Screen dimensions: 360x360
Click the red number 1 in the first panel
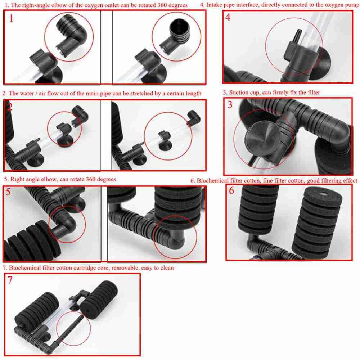[x=11, y=18]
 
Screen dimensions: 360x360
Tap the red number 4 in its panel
[x=228, y=17]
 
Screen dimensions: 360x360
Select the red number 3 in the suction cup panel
[x=230, y=105]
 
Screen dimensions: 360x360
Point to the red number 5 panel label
[x=8, y=192]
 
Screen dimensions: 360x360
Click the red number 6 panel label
[x=231, y=190]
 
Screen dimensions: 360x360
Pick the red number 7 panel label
[x=10, y=280]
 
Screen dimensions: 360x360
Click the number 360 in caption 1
[x=163, y=5]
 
